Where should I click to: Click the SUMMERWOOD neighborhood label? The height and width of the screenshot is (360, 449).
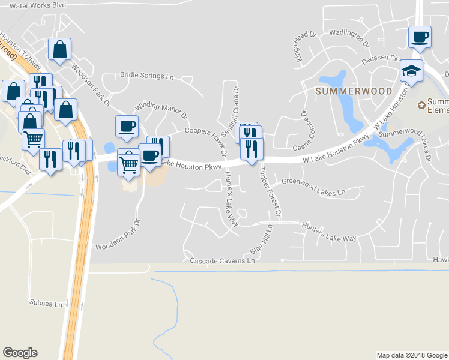click(x=354, y=91)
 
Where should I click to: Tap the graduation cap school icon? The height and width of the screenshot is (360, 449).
click(x=412, y=71)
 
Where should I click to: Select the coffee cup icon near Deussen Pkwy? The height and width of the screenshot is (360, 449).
click(x=420, y=37)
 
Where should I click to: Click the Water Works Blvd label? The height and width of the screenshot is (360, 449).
click(x=38, y=5)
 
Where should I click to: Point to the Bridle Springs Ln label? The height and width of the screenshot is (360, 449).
click(x=146, y=76)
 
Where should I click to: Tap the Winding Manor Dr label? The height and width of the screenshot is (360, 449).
click(x=161, y=110)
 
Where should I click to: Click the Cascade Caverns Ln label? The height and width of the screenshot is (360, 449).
click(x=223, y=261)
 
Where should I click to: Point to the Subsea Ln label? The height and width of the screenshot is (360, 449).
click(x=46, y=304)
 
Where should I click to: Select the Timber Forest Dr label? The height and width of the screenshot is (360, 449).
click(x=268, y=191)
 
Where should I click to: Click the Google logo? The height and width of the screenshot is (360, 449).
click(x=20, y=353)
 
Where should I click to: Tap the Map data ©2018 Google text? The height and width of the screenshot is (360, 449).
click(x=411, y=355)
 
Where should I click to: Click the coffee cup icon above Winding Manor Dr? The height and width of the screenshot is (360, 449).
click(x=127, y=126)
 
